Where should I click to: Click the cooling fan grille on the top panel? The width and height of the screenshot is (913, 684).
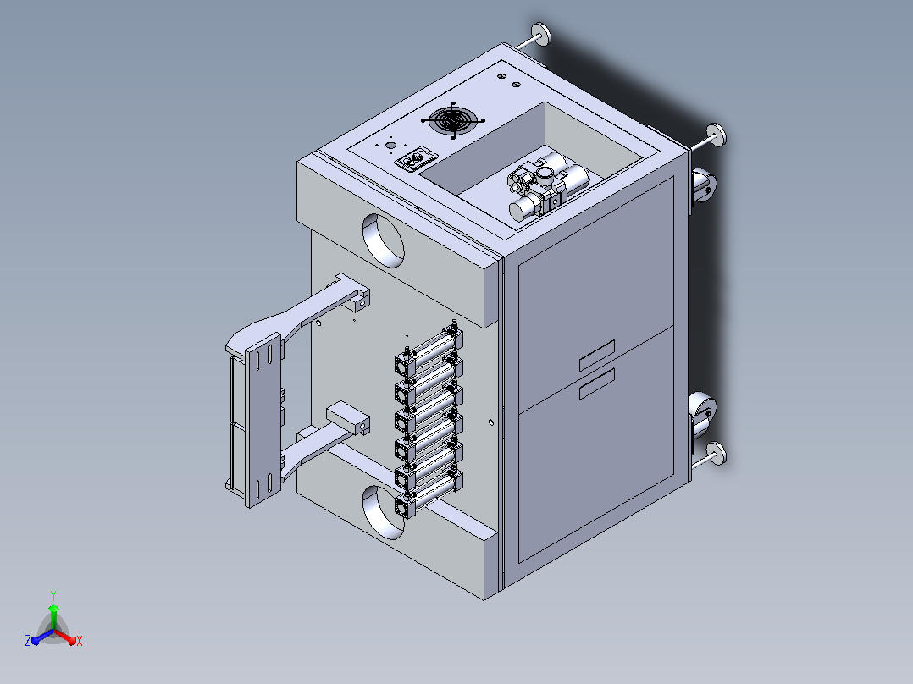tap(453, 120)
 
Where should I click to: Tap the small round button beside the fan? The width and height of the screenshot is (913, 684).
tap(390, 146)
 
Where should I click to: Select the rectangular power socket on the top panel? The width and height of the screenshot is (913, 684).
tap(416, 159)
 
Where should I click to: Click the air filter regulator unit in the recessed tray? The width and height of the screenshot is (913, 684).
tap(546, 185)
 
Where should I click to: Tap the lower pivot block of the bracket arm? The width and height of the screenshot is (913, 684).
tap(349, 419)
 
